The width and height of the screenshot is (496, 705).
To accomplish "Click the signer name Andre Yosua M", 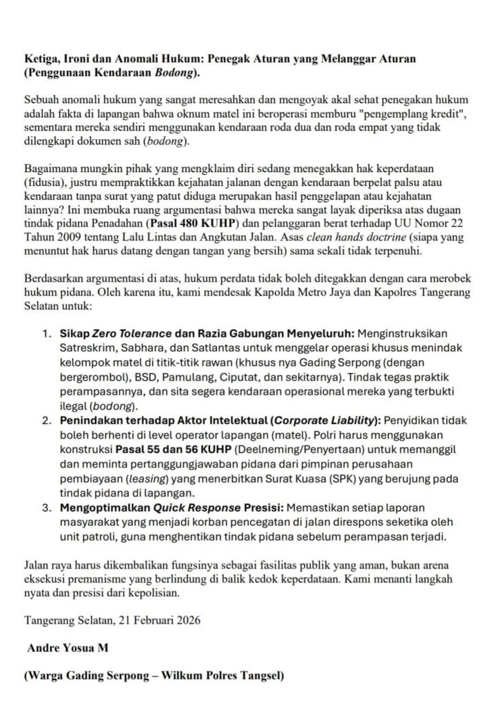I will click(68, 649).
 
